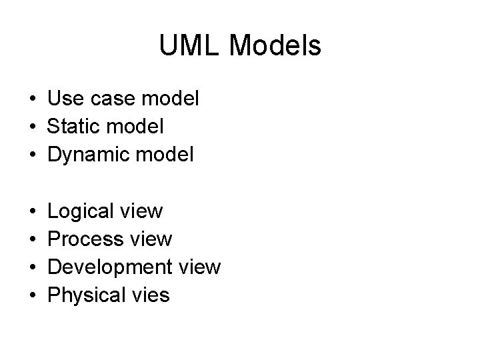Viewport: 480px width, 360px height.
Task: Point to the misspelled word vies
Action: pyautogui.click(x=151, y=295)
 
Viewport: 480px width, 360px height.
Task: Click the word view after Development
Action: pyautogui.click(x=197, y=267)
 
